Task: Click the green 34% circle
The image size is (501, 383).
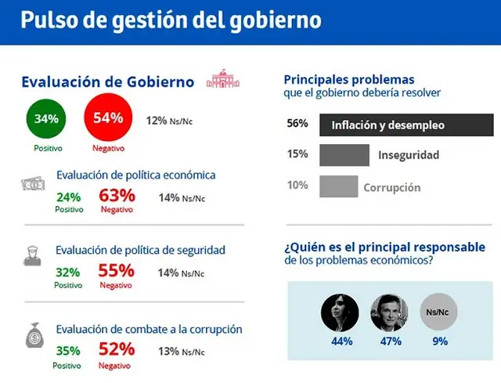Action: [46, 118]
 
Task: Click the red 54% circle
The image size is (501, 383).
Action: [108, 117]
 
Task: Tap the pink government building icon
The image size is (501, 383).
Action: [223, 78]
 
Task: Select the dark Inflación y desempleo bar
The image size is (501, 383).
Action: [406, 125]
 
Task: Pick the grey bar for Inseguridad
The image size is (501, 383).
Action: [344, 155]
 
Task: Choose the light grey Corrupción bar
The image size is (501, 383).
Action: [339, 186]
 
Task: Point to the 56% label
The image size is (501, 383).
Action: [297, 123]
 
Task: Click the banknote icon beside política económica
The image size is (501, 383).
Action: [33, 183]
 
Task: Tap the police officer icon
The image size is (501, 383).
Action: [32, 256]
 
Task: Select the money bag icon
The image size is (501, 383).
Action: [34, 335]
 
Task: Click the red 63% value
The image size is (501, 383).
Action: [117, 195]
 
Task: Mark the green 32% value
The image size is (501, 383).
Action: [68, 273]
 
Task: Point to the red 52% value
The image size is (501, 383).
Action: [117, 349]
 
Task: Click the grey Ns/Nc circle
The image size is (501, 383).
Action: [438, 312]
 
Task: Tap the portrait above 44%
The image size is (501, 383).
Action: [340, 313]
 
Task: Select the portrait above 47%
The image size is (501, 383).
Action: [389, 313]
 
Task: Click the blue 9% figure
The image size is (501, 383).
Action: [440, 341]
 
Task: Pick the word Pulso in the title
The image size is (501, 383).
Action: [49, 20]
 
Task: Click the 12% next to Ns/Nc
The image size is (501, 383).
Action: [157, 121]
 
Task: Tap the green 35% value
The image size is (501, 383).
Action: [68, 351]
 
